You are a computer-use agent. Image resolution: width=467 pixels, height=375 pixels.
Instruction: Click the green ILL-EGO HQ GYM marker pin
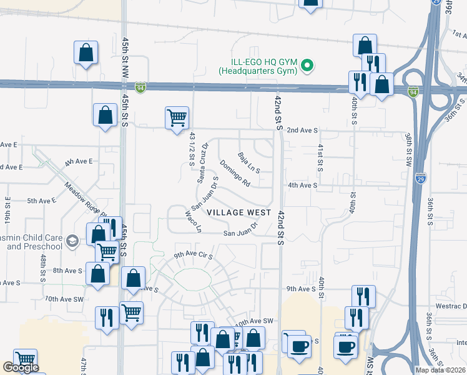click(x=307, y=65)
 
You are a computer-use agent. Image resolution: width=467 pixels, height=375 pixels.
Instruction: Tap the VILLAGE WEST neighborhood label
click(x=239, y=212)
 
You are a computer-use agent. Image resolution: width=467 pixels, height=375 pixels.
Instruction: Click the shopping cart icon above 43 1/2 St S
click(x=177, y=117)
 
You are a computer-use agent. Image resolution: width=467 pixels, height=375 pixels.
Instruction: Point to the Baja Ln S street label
click(x=249, y=162)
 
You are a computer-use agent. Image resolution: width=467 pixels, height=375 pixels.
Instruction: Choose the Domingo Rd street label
click(x=235, y=173)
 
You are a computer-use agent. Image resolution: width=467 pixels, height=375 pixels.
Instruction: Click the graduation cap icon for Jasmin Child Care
click(x=72, y=241)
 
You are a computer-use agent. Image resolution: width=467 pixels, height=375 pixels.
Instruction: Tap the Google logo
click(x=21, y=367)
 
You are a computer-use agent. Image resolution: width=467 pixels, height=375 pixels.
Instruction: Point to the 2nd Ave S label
click(x=303, y=131)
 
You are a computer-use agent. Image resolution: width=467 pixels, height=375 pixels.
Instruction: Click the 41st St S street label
click(x=320, y=157)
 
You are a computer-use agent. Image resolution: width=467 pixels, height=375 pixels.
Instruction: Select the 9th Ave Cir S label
click(x=194, y=256)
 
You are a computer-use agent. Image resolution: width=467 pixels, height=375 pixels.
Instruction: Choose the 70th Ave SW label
click(x=64, y=299)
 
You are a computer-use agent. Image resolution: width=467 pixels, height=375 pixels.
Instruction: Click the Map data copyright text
click(x=440, y=370)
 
